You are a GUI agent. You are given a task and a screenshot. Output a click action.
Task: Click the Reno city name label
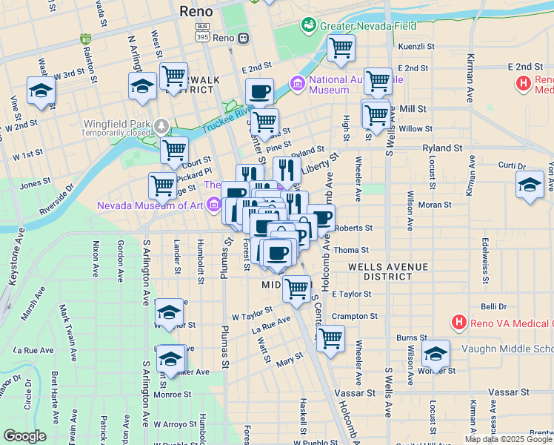click(196, 11)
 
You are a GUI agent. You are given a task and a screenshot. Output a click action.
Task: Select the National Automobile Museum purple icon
click(298, 83)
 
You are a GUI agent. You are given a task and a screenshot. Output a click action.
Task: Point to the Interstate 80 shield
click(86, 39)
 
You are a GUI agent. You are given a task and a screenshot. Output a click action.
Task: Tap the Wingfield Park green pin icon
click(161, 124)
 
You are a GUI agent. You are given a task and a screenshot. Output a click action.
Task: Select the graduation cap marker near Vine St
click(41, 91)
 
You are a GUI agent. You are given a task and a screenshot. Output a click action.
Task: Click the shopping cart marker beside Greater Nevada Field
click(341, 48)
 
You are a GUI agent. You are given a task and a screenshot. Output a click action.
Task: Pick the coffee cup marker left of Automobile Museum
click(259, 92)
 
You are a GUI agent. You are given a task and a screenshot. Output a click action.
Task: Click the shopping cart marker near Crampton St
click(330, 337)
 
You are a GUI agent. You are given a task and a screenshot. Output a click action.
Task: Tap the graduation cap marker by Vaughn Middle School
click(435, 354)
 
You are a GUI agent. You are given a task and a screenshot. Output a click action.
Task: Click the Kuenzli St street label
click(415, 47)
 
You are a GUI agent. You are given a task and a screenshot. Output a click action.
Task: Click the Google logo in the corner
click(24, 436)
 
